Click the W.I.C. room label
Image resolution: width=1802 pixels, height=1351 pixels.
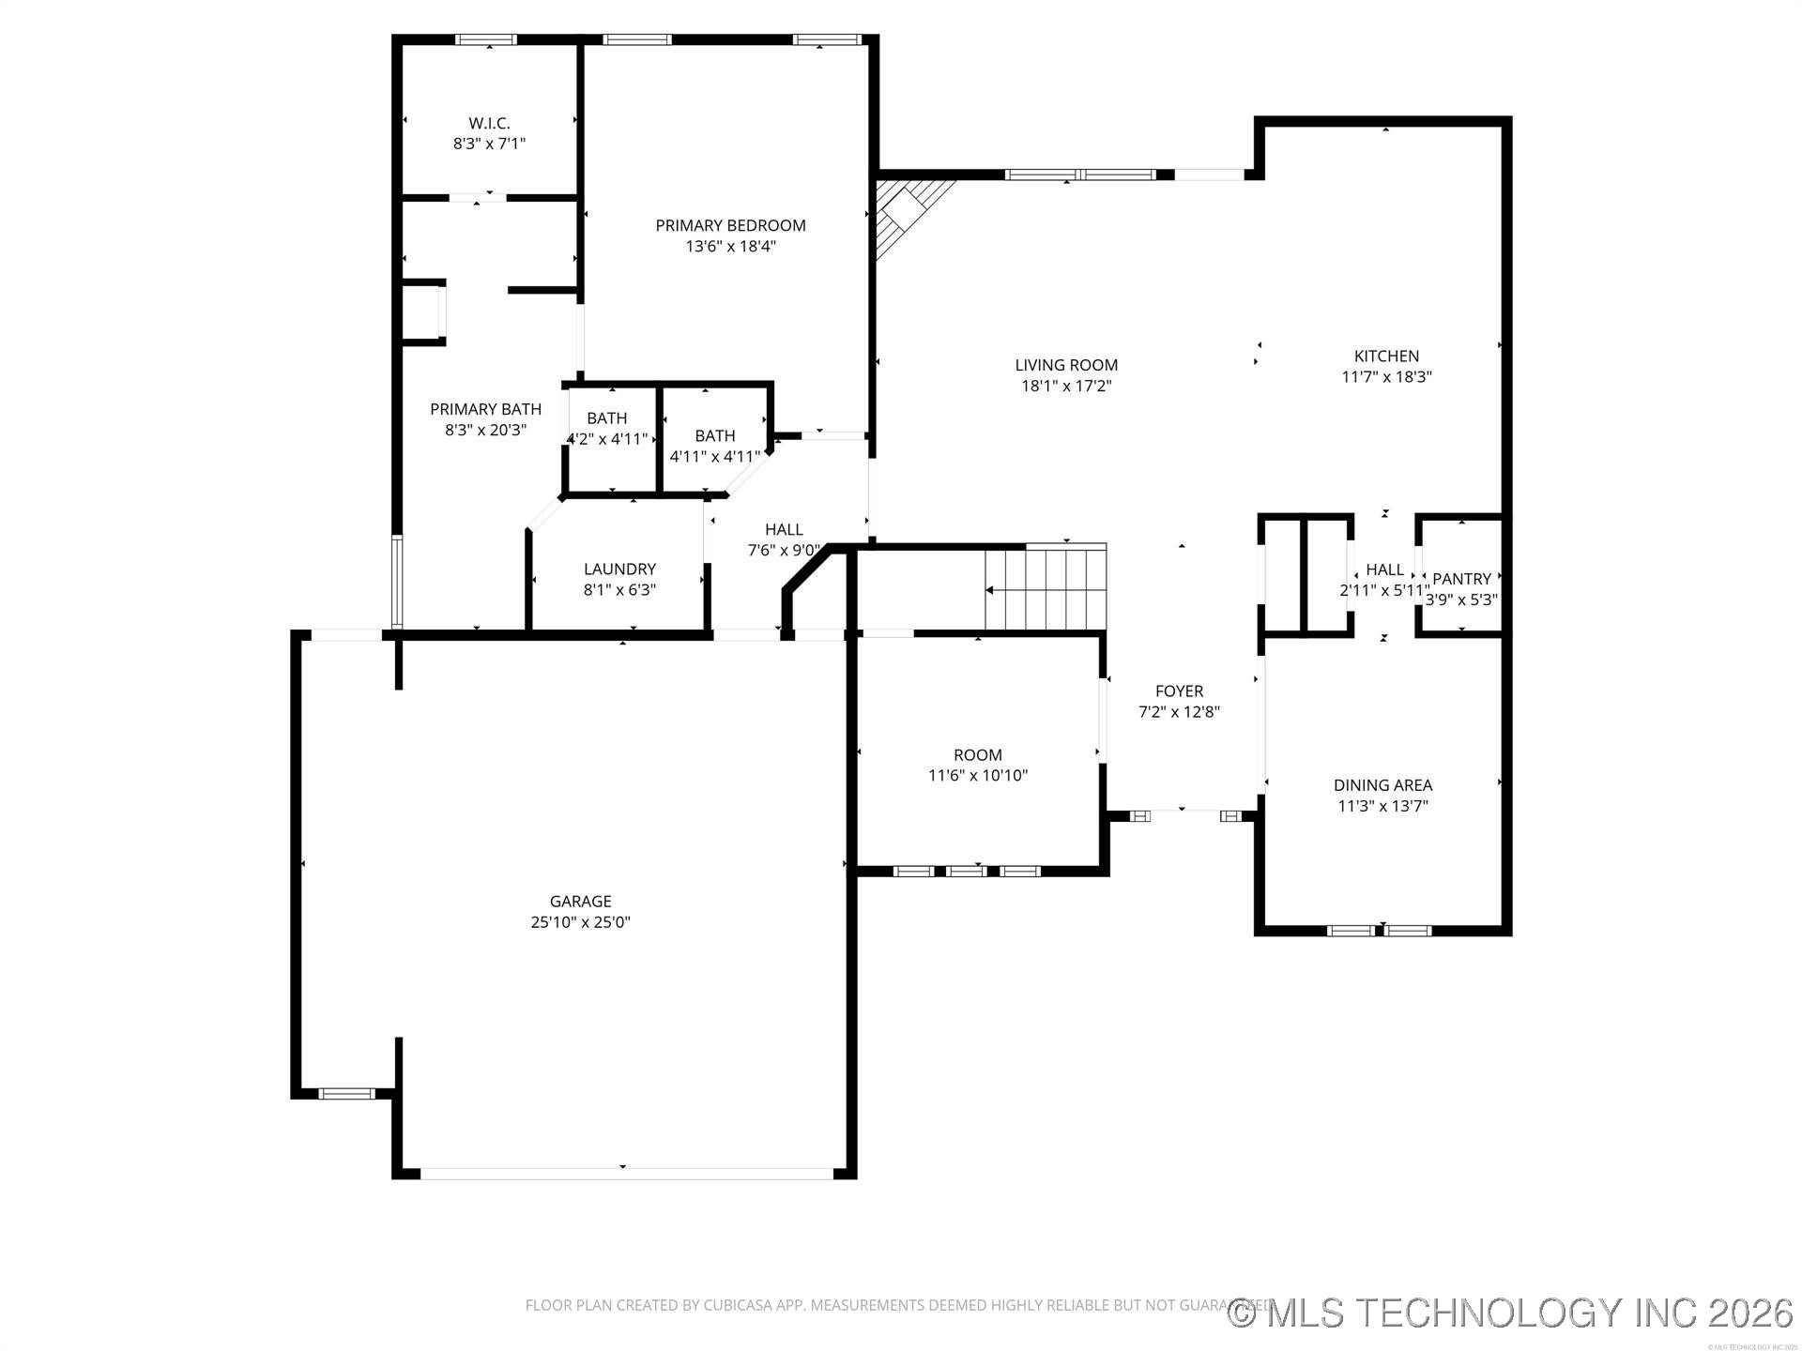pyautogui.click(x=489, y=124)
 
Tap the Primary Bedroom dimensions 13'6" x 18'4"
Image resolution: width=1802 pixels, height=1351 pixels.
pyautogui.click(x=730, y=247)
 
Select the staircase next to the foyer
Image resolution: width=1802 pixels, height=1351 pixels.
pyautogui.click(x=1045, y=588)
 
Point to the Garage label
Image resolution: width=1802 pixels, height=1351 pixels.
pyautogui.click(x=580, y=902)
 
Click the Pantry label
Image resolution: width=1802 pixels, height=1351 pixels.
pyautogui.click(x=1461, y=580)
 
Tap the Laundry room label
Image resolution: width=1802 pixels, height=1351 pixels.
pyautogui.click(x=619, y=569)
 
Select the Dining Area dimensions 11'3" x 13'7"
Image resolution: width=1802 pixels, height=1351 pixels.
pyautogui.click(x=1382, y=806)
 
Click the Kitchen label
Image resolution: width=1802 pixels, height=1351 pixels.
pyautogui.click(x=1386, y=357)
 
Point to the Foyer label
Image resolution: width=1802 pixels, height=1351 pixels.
pyautogui.click(x=1179, y=691)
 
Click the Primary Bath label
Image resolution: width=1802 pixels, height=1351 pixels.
pyautogui.click(x=485, y=409)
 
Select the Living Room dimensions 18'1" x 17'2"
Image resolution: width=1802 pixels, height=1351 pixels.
pyautogui.click(x=1066, y=386)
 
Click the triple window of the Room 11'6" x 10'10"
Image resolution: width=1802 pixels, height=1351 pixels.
pyautogui.click(x=967, y=872)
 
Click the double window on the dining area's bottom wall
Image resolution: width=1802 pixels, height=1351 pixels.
pyautogui.click(x=1380, y=931)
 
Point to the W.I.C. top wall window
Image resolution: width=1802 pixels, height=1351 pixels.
pyautogui.click(x=485, y=39)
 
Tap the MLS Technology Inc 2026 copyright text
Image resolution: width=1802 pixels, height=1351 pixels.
pyautogui.click(x=1511, y=1313)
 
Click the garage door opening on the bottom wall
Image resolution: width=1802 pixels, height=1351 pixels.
pyautogui.click(x=625, y=1173)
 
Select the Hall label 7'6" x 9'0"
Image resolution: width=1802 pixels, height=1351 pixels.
pyautogui.click(x=784, y=530)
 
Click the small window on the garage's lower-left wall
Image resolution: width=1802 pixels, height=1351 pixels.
pyautogui.click(x=346, y=1093)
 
